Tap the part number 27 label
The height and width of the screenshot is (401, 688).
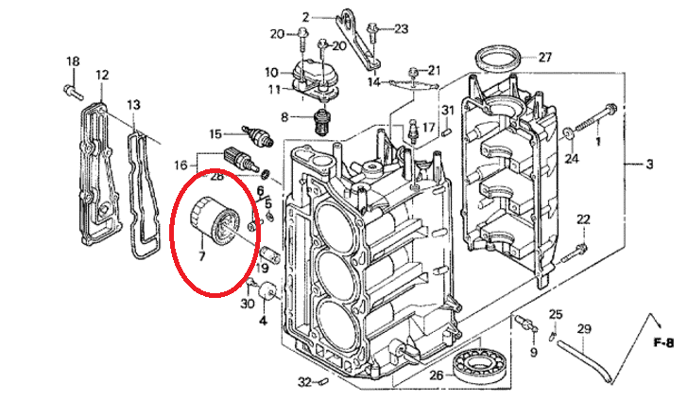click(x=544, y=57)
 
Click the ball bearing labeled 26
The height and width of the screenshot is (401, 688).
click(x=482, y=361)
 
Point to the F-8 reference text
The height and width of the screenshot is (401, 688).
click(x=663, y=342)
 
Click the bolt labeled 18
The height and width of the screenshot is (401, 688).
click(x=73, y=92)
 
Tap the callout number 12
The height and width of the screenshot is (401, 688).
click(x=102, y=75)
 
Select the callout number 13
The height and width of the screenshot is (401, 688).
click(x=134, y=105)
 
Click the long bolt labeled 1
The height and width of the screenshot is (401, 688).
click(x=593, y=117)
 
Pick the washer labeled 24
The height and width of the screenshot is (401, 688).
click(x=569, y=132)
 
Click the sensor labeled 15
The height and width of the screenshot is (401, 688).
click(x=258, y=135)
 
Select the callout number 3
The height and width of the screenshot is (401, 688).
click(x=649, y=165)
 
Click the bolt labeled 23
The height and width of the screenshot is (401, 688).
click(x=372, y=34)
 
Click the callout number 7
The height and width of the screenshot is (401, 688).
click(x=202, y=255)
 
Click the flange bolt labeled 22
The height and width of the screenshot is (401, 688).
click(x=575, y=252)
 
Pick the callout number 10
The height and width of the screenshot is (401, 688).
click(x=271, y=72)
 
